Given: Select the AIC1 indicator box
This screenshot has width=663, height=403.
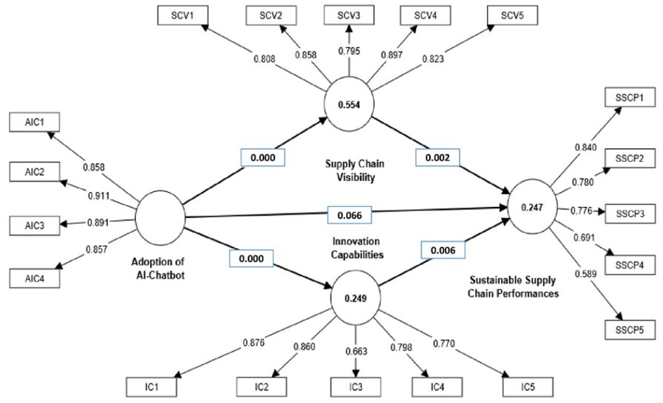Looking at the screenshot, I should (x=34, y=122).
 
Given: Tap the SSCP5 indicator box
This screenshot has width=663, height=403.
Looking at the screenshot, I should (x=630, y=330).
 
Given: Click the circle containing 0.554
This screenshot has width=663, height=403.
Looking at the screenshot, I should (x=349, y=104).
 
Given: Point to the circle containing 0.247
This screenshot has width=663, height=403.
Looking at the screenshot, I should (x=532, y=207).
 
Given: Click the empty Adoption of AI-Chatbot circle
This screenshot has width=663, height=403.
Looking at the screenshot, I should (x=160, y=218).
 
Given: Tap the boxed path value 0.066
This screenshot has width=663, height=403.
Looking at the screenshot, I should (x=349, y=215).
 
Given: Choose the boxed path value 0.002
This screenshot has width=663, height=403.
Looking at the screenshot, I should (x=438, y=158).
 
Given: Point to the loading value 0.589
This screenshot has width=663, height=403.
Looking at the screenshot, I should (x=586, y=274).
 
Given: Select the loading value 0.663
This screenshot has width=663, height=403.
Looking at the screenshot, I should (x=356, y=351).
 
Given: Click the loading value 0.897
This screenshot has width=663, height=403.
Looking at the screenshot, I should (x=391, y=55).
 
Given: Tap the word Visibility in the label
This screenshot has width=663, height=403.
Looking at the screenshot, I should (x=356, y=177).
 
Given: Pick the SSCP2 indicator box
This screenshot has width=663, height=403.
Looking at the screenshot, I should (x=630, y=159).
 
